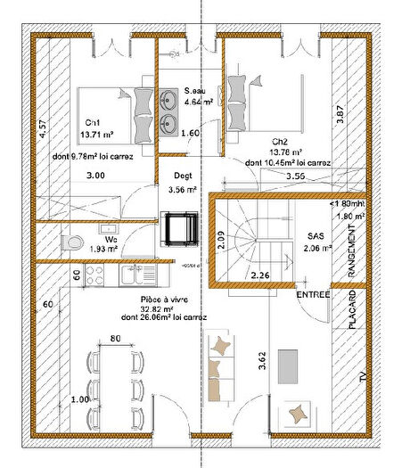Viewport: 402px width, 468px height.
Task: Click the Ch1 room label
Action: (x=93, y=122)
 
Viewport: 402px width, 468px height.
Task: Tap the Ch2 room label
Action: (x=281, y=141)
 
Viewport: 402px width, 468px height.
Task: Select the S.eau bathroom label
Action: (x=195, y=91)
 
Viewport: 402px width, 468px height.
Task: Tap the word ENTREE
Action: (x=315, y=293)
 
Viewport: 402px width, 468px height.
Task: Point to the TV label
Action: (x=362, y=380)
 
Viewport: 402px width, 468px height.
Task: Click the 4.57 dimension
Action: (x=41, y=127)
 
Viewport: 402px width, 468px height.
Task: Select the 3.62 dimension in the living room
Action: (x=261, y=361)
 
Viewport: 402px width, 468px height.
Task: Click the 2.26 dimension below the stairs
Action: (x=260, y=275)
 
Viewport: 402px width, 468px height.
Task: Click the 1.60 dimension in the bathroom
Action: (x=190, y=134)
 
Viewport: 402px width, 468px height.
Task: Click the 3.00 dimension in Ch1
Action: (x=95, y=177)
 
